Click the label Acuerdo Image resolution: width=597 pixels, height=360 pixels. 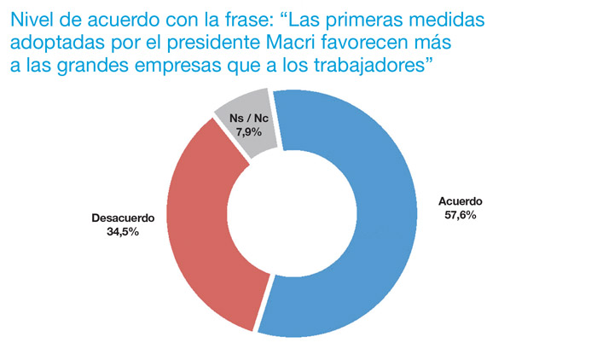(461, 202)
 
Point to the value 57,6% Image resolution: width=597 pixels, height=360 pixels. (461, 215)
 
